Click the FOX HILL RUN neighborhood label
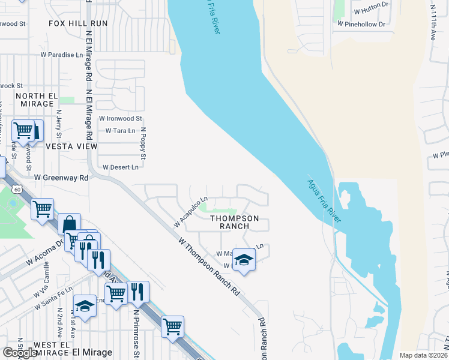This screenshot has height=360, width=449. click(78, 23)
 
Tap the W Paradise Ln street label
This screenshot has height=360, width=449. click(62, 55)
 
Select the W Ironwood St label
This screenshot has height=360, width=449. click(121, 119)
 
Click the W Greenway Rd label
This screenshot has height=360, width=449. click(61, 178)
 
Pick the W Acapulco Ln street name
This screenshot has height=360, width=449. click(191, 211)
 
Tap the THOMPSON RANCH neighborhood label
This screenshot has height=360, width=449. click(234, 222)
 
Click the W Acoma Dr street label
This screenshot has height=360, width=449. click(44, 253)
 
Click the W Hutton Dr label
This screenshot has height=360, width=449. click(372, 11)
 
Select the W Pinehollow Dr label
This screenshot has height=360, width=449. click(361, 24)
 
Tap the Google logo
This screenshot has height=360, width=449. click(20, 353)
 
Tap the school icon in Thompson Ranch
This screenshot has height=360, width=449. click(244, 260)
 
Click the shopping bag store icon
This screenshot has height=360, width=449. click(70, 224)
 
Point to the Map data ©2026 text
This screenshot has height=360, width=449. click(423, 355)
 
